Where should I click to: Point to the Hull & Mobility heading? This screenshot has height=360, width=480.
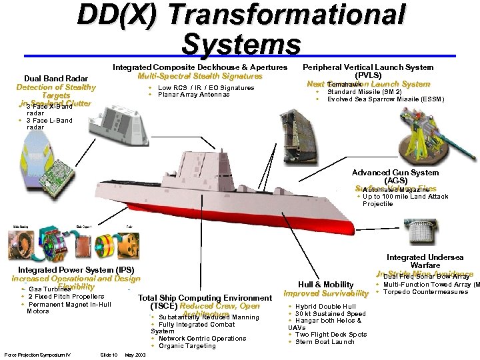(x=326, y=284)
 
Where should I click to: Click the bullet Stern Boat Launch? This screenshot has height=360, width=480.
(x=325, y=342)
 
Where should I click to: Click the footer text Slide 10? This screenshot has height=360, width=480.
(x=109, y=355)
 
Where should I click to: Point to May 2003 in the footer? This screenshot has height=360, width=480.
(x=135, y=355)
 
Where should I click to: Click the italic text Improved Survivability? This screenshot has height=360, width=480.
(x=326, y=293)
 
